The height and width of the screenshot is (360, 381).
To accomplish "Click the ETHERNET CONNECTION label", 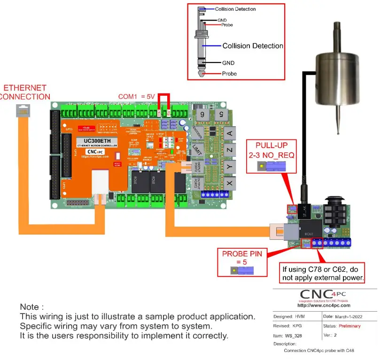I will tap(25, 92).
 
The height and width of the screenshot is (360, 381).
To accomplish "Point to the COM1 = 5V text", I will tap(136, 96).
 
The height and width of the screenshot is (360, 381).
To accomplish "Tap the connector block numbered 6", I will tap(202, 115).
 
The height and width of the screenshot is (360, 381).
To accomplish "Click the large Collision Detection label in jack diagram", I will tap(253, 46).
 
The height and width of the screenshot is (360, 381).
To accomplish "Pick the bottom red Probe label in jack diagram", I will tap(229, 74).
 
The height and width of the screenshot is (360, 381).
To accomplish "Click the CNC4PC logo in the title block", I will tap(324, 294).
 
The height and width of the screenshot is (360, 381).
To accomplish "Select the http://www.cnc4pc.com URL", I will tap(324, 306).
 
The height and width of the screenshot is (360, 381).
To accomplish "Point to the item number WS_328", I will tap(295, 336).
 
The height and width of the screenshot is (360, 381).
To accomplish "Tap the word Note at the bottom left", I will tap(32, 307).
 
